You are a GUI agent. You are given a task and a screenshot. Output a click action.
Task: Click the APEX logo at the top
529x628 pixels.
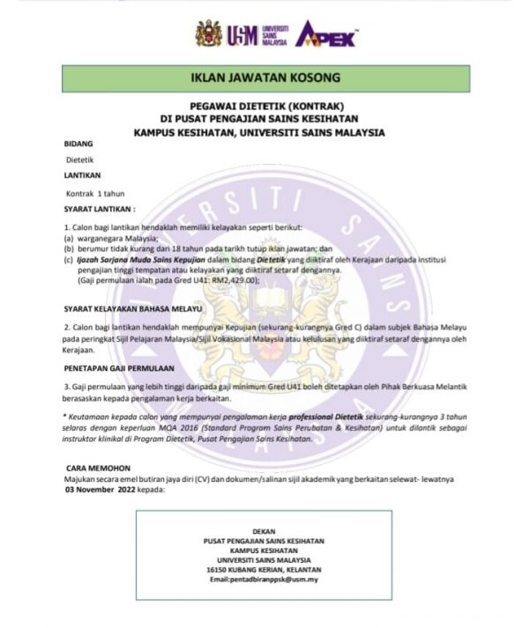tap(325, 35)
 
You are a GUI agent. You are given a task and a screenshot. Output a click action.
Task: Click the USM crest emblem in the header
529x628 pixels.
tap(210, 34)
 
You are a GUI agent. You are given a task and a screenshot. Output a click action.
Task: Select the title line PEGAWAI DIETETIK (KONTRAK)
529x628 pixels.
tap(264, 104)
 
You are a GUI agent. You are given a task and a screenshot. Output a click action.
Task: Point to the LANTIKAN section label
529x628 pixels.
tap(82, 175)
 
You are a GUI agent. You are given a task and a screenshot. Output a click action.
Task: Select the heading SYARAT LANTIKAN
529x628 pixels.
tap(100, 209)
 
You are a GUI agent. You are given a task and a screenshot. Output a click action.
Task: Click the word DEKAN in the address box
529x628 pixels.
tap(264, 532)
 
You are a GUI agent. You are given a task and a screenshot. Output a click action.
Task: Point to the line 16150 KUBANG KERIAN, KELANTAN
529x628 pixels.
tap(264, 570)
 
